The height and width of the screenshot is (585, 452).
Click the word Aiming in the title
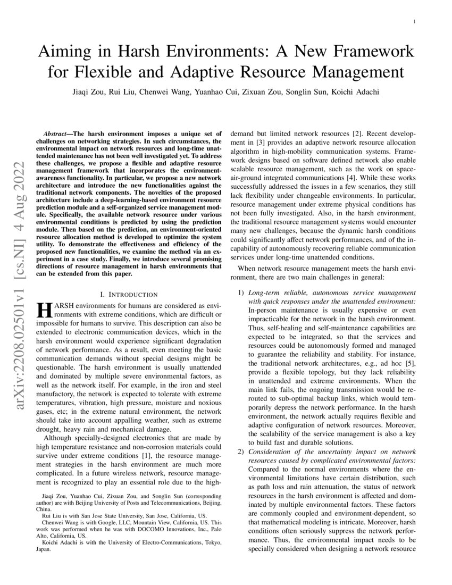pos(63,52)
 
